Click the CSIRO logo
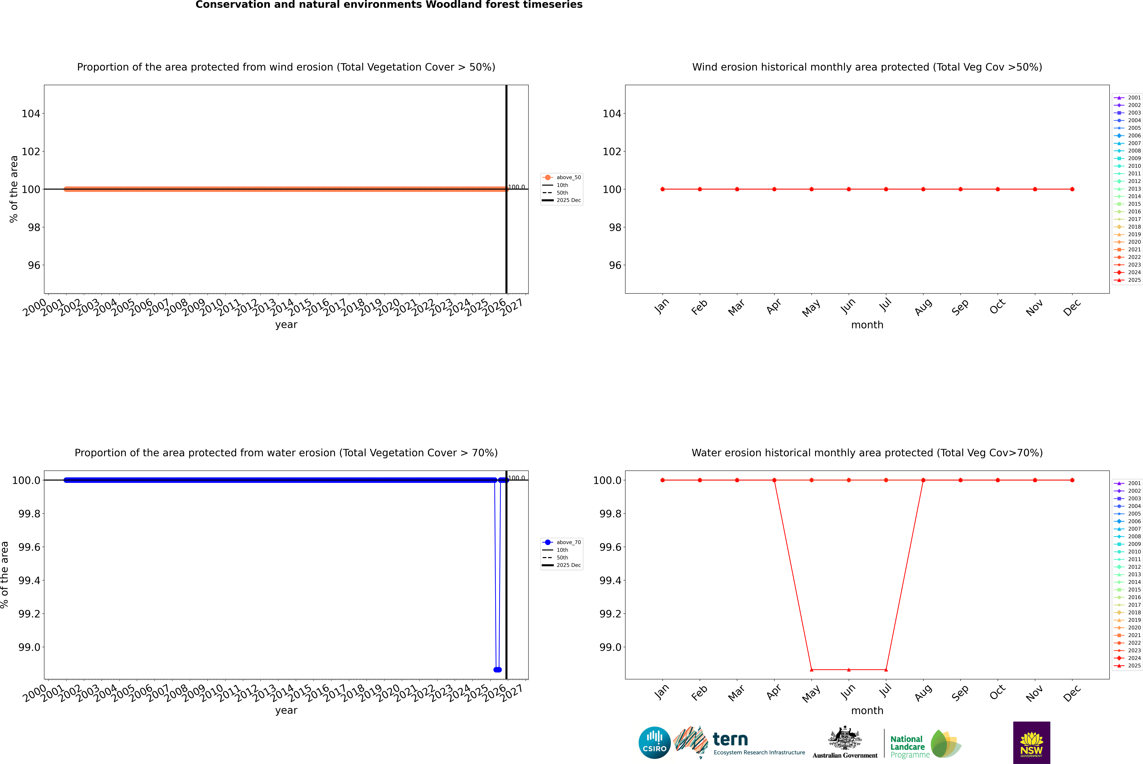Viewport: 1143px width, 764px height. pyautogui.click(x=654, y=743)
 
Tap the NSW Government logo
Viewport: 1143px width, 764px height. pyautogui.click(x=1031, y=743)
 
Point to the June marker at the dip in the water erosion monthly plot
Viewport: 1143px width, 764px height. pyautogui.click(x=849, y=669)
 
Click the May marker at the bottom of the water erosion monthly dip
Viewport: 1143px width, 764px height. pyautogui.click(x=811, y=669)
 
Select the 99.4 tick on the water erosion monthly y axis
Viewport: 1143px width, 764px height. pyautogui.click(x=610, y=580)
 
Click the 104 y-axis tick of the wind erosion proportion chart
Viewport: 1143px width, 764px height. pyautogui.click(x=31, y=114)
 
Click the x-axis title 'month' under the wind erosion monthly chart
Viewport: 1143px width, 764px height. pyautogui.click(x=867, y=325)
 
